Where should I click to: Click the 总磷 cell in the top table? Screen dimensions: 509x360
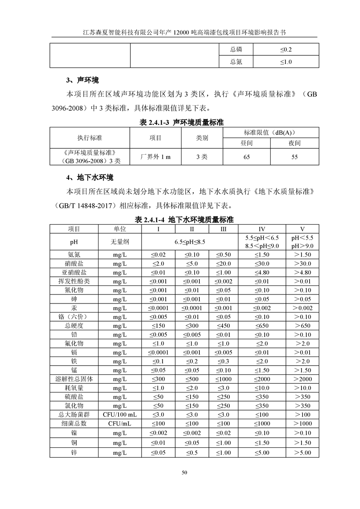pos(236,49)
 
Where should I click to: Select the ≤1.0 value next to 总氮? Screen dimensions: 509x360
pos(286,62)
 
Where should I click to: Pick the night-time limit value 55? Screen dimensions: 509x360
pos(295,157)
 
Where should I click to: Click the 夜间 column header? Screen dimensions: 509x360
pos(295,143)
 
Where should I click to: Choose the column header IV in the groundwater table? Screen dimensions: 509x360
pos(262,229)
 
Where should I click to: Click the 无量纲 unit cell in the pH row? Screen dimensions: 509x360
pos(120,242)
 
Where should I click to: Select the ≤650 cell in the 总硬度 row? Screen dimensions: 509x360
pos(262,326)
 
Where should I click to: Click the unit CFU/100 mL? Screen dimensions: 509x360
pos(120,415)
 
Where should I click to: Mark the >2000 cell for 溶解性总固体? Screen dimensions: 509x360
pos(302,379)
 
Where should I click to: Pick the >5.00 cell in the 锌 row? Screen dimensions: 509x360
pos(302,453)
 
